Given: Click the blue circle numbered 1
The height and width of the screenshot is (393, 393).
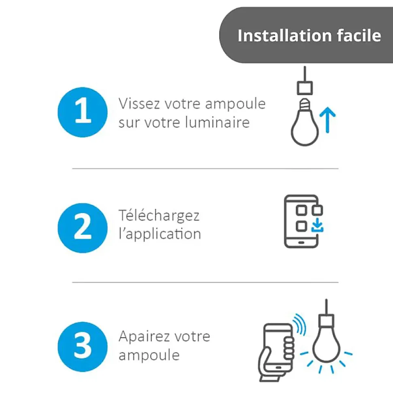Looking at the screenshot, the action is click(83, 112).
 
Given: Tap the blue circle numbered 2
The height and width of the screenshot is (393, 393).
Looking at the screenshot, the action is click(83, 228).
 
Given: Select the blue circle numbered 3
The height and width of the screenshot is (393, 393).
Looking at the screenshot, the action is click(83, 347).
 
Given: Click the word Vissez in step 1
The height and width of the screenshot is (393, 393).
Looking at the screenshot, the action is click(139, 104).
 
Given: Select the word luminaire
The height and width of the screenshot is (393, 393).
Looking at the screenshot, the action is click(217, 122).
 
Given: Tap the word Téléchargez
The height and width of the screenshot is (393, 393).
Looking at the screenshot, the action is click(159, 215).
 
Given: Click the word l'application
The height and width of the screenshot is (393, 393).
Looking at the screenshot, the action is click(160, 234).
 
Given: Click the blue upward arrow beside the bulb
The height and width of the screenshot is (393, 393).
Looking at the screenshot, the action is click(327, 120).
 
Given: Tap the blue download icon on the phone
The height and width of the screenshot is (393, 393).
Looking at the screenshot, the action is click(318, 225).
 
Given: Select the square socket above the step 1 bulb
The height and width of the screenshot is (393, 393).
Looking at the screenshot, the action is click(305, 88).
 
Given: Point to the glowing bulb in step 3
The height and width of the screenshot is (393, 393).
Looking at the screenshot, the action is click(326, 343).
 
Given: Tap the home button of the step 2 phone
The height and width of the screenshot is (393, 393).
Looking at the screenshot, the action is click(301, 242).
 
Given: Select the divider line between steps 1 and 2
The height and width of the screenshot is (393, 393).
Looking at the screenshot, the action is click(205, 169).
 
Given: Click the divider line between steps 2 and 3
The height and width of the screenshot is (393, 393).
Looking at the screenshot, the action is click(205, 283).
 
